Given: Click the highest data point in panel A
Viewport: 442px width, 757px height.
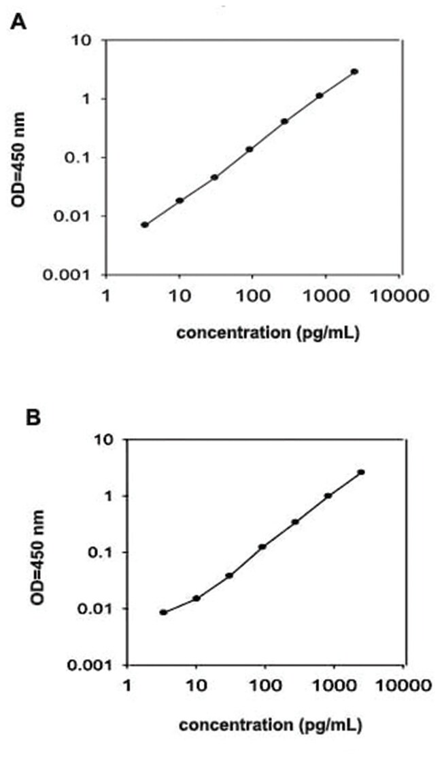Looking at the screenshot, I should click(x=355, y=71).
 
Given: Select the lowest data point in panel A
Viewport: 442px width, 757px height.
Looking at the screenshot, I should click(x=145, y=225).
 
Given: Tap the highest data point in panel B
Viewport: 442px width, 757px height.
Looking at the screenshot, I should click(x=361, y=472).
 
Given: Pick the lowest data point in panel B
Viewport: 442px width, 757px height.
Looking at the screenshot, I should click(x=163, y=612).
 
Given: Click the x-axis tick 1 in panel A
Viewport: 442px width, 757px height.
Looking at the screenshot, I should click(x=105, y=297).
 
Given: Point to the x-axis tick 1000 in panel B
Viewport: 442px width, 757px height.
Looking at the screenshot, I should click(x=335, y=686).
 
